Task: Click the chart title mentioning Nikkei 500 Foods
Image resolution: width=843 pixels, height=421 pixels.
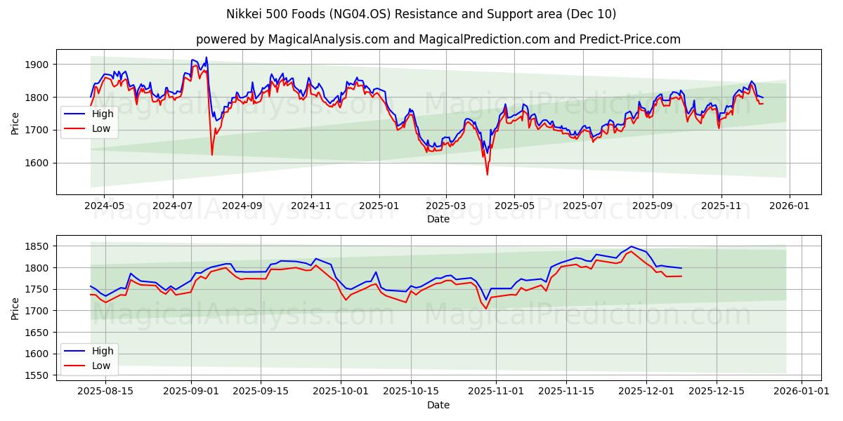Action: pyautogui.click(x=421, y=14)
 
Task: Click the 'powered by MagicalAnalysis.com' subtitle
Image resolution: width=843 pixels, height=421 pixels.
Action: pyautogui.click(x=438, y=39)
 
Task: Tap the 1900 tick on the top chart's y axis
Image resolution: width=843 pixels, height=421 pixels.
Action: pyautogui.click(x=37, y=65)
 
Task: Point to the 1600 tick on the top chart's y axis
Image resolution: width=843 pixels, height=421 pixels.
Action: pyautogui.click(x=37, y=163)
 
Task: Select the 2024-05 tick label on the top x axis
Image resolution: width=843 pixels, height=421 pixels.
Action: pyautogui.click(x=104, y=206)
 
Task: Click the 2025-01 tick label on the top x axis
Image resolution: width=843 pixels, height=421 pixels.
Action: pyautogui.click(x=379, y=206)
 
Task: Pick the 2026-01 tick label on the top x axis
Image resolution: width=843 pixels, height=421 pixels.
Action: pyautogui.click(x=790, y=206)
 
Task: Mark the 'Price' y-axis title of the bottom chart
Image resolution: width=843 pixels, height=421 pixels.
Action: pyautogui.click(x=15, y=308)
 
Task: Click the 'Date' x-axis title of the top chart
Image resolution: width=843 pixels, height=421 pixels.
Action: pyautogui.click(x=438, y=219)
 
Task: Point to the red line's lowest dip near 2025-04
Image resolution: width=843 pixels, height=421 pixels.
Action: pyautogui.click(x=487, y=174)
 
